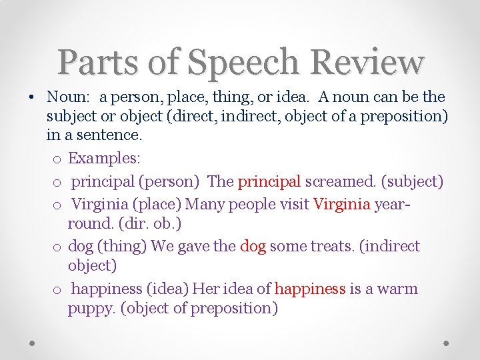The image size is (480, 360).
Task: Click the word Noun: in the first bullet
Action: [x=67, y=97]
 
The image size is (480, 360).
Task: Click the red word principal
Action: [x=269, y=181]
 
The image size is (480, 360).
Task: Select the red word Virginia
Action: [x=341, y=203]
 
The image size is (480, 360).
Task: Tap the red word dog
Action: [x=253, y=246]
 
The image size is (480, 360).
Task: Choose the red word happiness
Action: [x=310, y=289]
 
